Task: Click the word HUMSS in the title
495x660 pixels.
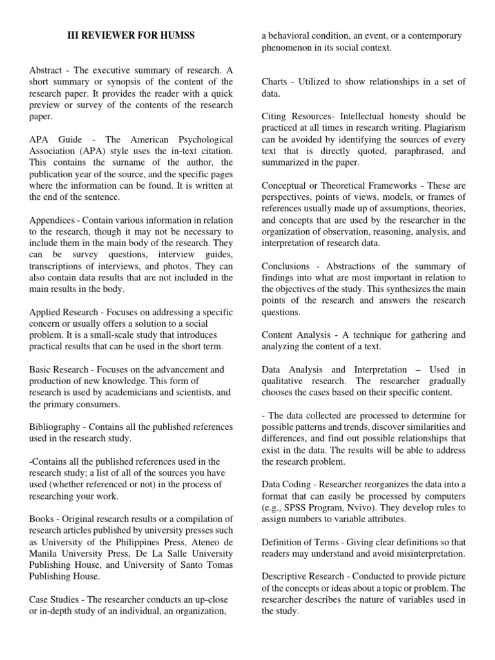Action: tap(173, 35)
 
